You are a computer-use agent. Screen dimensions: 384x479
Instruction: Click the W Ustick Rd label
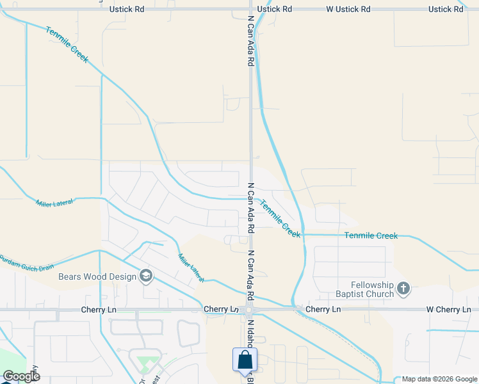click(x=348, y=9)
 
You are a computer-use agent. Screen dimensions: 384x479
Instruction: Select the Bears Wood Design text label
click(x=97, y=276)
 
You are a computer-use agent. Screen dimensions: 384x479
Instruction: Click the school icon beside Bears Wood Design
click(x=146, y=276)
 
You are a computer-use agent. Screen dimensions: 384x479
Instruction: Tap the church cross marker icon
click(x=403, y=289)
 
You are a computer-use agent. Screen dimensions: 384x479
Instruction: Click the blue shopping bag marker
click(x=245, y=360)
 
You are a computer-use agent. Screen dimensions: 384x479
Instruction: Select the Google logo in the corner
click(x=20, y=376)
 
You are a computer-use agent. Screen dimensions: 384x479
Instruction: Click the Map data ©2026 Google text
click(x=439, y=379)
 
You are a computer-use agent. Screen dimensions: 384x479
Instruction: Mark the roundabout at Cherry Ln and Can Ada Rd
click(x=248, y=310)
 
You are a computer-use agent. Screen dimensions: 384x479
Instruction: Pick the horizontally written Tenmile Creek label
click(x=371, y=236)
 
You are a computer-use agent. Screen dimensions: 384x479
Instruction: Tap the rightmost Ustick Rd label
click(x=445, y=9)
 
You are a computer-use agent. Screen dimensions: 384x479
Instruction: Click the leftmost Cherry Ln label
click(x=98, y=310)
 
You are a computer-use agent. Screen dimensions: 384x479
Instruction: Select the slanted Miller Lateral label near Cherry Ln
click(x=191, y=268)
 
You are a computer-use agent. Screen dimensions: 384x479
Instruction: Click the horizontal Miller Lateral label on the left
click(x=54, y=202)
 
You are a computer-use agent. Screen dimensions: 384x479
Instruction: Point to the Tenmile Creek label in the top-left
click(x=67, y=45)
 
